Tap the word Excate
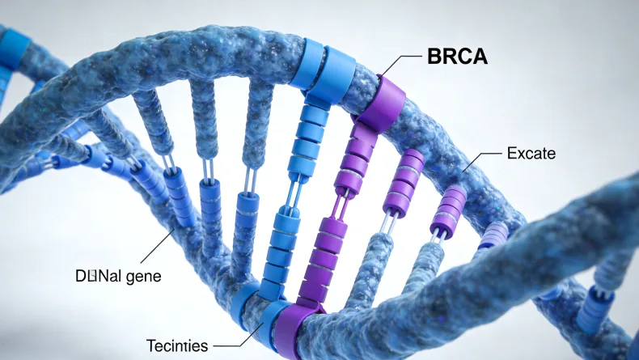tap(531, 153)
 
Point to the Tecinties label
tap(177, 346)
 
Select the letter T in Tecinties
tap(150, 346)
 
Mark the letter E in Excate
tap(510, 153)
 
